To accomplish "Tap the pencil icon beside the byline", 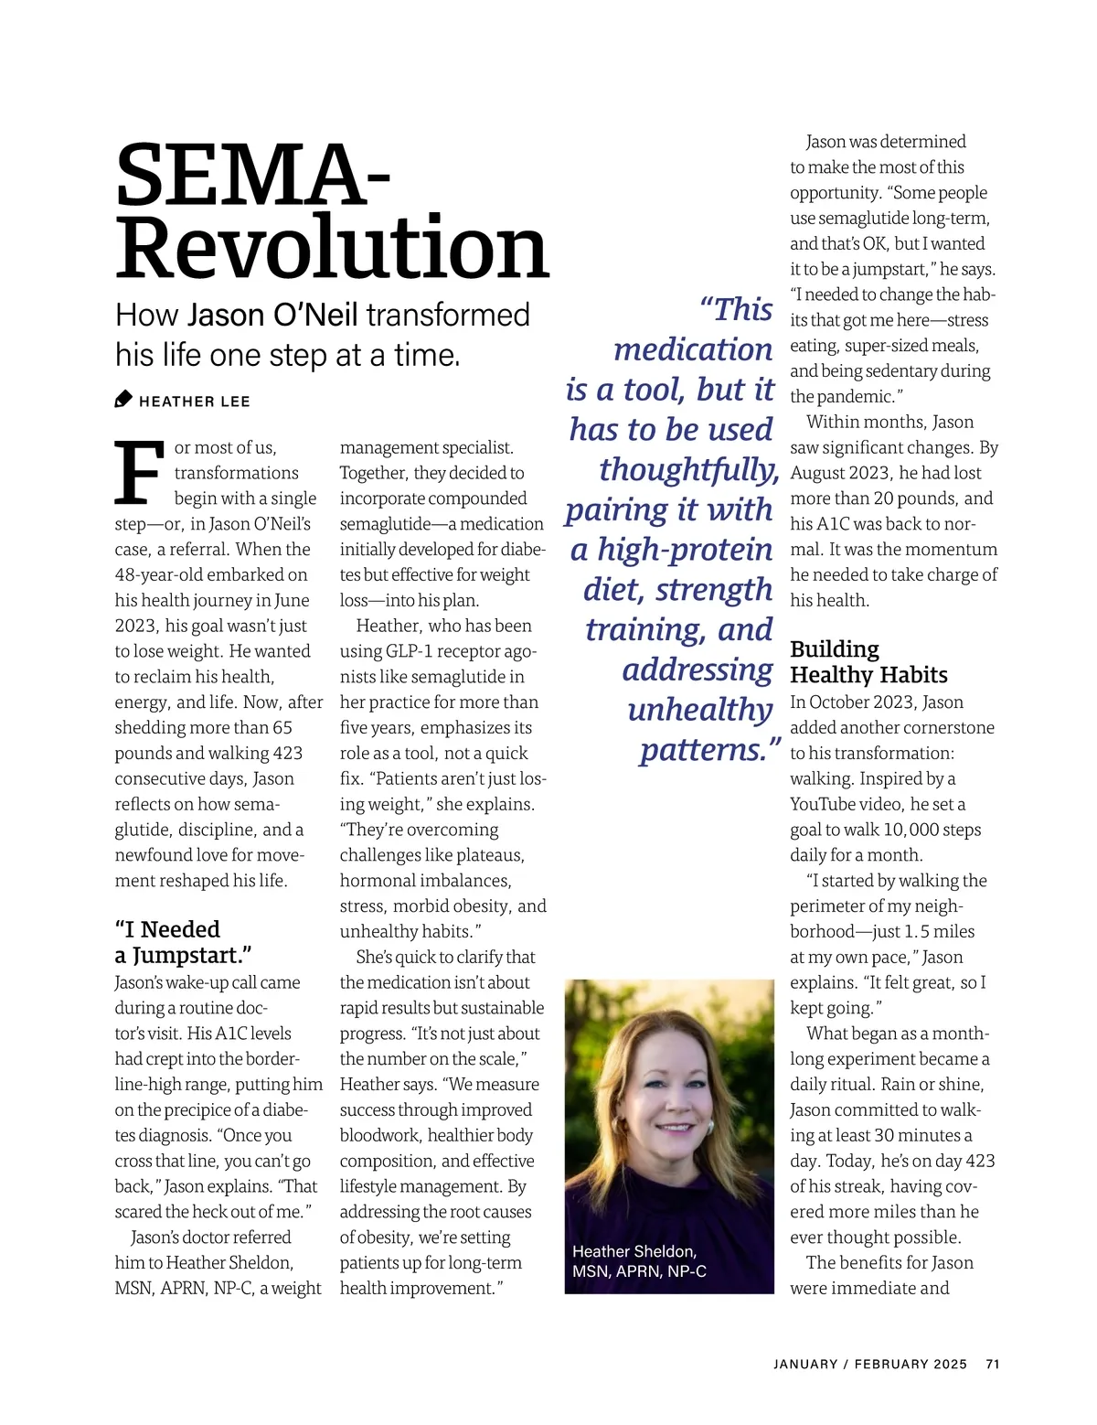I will pyautogui.click(x=123, y=400).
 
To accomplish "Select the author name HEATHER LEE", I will pyautogui.click(x=195, y=402).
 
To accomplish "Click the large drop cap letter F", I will pyautogui.click(x=140, y=473).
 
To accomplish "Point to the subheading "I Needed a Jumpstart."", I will pyautogui.click(x=183, y=942).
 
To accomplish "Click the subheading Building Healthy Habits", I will pyautogui.click(x=868, y=662).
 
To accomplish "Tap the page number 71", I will pyautogui.click(x=993, y=1364).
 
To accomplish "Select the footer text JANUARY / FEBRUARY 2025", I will pyautogui.click(x=869, y=1364).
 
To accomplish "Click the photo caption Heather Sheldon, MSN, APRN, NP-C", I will pyautogui.click(x=639, y=1261).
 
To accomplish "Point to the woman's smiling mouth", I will pyautogui.click(x=676, y=1129).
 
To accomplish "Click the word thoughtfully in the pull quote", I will pyautogui.click(x=687, y=470).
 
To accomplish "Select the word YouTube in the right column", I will pyautogui.click(x=830, y=804).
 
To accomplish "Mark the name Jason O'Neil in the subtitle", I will pyautogui.click(x=272, y=315).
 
